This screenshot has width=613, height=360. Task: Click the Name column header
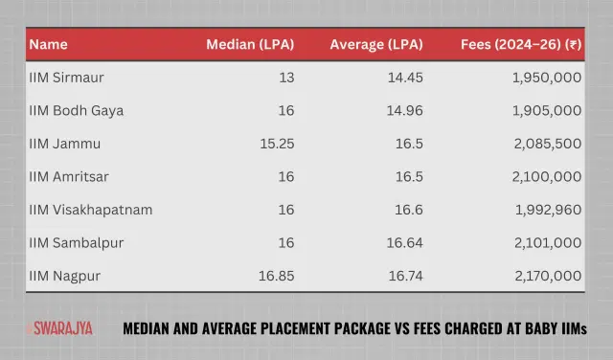pos(47,44)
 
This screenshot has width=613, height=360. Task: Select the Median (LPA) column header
pos(250,44)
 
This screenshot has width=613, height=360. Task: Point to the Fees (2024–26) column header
pos(518,44)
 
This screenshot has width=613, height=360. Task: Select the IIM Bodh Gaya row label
pos(77,111)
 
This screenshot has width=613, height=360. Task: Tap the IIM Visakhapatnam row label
pos(91,210)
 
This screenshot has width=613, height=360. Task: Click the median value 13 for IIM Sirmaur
pos(285,78)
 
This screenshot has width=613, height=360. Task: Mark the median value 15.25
pos(274,144)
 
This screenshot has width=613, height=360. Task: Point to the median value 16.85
pos(274,276)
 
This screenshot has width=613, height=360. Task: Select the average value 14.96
pos(402,111)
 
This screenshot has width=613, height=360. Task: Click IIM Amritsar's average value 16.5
pos(407,177)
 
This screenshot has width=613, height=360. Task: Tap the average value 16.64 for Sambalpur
pos(402,243)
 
